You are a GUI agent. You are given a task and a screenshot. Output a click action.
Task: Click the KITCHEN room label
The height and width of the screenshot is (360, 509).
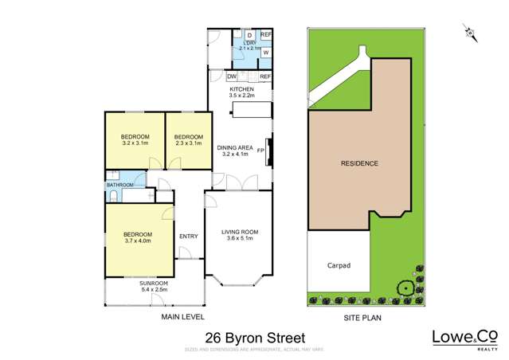point(242,89)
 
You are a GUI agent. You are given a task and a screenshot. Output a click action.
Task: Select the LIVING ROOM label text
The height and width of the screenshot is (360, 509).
point(240,232)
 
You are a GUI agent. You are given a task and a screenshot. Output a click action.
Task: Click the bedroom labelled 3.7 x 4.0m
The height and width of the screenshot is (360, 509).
point(138,236)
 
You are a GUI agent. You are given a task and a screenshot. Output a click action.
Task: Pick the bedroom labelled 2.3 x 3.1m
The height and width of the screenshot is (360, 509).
point(189,136)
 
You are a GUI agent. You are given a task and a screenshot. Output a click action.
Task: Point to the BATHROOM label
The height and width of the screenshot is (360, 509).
point(120,185)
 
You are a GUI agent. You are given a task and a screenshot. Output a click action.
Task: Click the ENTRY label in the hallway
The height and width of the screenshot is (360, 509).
point(188,236)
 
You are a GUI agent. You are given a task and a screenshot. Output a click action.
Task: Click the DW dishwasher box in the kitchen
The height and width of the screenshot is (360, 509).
point(232,76)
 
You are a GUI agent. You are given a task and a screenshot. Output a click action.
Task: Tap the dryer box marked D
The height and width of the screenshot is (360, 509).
point(249,36)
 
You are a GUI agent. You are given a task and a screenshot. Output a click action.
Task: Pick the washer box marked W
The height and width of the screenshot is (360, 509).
point(265,53)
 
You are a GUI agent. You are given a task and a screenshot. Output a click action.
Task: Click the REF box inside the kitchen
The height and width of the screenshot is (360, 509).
point(265,76)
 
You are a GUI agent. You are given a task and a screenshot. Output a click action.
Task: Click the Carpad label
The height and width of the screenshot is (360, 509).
point(339,265)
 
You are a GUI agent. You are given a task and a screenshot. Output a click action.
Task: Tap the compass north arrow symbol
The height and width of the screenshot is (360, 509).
point(470,32)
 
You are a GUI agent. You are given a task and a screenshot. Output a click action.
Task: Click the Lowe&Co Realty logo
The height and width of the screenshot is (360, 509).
point(460,338)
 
